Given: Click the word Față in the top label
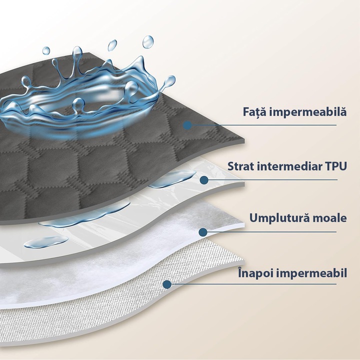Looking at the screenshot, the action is coord(253,112).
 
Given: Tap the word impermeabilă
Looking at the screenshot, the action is coord(306,111).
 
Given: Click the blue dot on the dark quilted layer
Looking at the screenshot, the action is coord(187,125).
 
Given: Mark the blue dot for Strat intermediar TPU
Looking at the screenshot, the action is coord(204,180).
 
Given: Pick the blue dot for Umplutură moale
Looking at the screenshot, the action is coord(203,232).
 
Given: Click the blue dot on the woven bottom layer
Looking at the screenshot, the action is coord(167,284).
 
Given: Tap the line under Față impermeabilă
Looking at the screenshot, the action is coord(261,125).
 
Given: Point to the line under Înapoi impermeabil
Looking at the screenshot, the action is coord(251,284).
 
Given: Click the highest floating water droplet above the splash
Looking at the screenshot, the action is coord(148,42).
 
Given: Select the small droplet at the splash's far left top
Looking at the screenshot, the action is coord(46,50).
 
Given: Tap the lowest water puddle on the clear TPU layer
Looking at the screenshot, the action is coord(46,242).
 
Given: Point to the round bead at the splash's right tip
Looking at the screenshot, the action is coord(170,80).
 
